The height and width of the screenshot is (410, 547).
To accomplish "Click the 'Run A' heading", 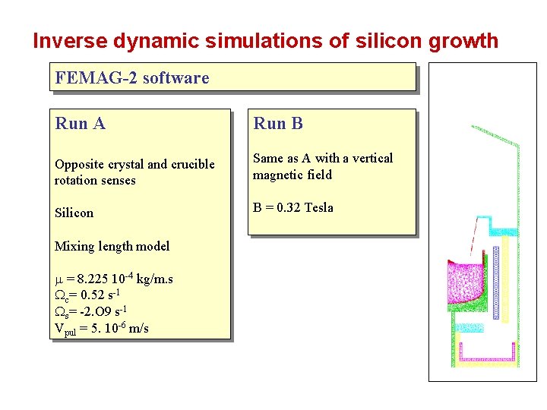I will [x=80, y=123].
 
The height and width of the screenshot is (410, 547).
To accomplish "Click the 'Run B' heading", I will [x=278, y=123].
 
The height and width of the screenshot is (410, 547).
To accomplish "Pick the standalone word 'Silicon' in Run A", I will [x=74, y=213].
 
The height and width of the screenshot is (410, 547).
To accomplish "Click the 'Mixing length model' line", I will [x=112, y=246].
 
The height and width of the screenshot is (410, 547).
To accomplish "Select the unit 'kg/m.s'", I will [x=154, y=279].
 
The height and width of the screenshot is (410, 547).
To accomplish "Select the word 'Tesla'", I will [x=318, y=208].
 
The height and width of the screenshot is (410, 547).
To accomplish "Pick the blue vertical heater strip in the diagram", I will [x=496, y=281].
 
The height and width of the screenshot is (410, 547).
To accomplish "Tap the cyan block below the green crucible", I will [x=468, y=327].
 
